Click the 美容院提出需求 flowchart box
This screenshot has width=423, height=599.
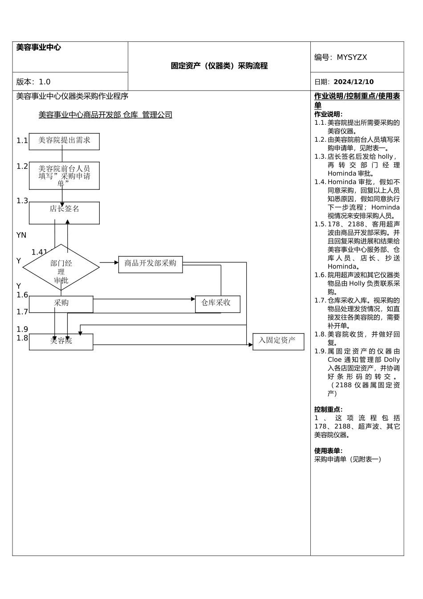coord(64,141)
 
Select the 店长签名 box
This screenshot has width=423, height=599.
coord(64,213)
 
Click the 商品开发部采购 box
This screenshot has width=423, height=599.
coord(150,264)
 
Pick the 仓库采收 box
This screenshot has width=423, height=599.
coord(217,304)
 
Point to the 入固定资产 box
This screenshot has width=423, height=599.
coord(278,341)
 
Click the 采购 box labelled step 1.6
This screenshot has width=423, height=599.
coord(61,304)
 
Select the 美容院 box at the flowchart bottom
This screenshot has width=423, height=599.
coord(61,342)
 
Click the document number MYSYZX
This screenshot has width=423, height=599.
coord(351,57)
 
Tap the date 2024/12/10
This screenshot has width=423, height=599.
coord(354,82)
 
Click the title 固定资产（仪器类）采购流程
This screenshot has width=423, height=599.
coord(219,66)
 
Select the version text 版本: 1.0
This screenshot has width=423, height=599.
coord(33,82)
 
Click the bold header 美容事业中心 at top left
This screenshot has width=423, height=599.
coord(38,47)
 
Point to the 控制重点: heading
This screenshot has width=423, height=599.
coord(328,410)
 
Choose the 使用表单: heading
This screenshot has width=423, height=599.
coord(328,451)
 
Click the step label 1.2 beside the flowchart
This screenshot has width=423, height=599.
coord(22,167)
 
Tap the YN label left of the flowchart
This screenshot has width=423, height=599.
coord(21,235)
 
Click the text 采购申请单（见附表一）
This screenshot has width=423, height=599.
coord(348,460)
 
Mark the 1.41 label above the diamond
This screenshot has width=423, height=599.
coord(39,252)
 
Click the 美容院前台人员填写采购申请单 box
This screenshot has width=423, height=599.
coord(64,176)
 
